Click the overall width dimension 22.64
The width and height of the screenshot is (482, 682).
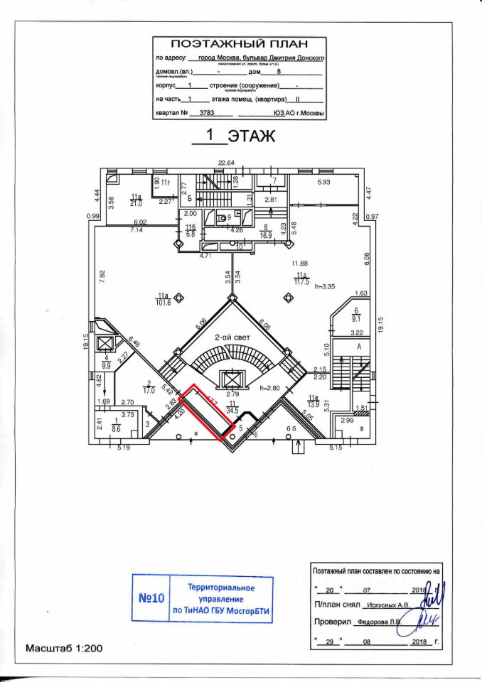pyautogui.click(x=226, y=163)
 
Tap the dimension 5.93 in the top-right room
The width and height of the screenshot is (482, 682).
pyautogui.click(x=323, y=183)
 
